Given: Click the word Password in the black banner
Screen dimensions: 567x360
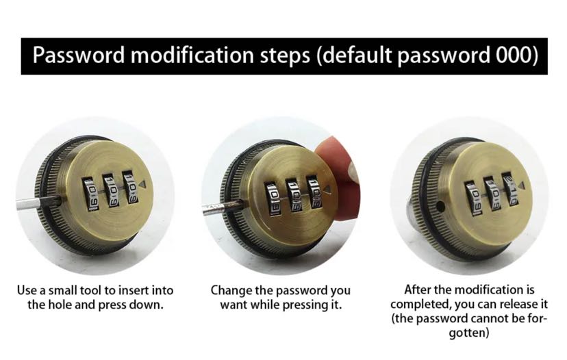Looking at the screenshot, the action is click(79, 55).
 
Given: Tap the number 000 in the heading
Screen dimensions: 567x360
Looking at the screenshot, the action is click(514, 55).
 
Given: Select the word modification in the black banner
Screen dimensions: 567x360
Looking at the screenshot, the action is click(192, 55).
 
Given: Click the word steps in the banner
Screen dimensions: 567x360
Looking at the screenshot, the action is click(285, 56).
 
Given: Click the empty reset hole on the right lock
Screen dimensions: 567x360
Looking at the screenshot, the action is click(440, 207).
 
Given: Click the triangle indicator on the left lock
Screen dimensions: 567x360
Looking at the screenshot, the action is click(142, 184).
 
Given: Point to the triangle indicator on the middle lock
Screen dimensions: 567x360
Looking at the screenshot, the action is click(327, 190).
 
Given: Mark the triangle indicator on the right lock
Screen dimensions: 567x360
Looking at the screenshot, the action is click(521, 185).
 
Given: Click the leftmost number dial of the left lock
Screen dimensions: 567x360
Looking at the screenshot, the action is click(90, 194).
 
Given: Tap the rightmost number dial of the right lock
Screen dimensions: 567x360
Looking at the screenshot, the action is click(511, 189).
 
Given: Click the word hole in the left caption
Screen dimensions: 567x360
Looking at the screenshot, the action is click(60, 305).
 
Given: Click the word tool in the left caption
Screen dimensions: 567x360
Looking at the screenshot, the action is click(91, 290).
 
